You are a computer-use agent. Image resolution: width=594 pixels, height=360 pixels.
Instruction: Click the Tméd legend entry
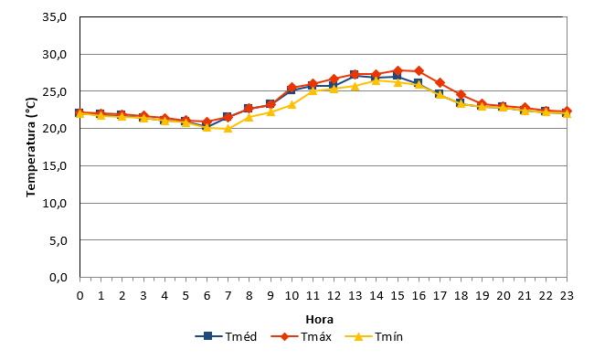226,336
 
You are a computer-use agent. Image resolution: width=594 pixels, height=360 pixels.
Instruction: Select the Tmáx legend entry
302,336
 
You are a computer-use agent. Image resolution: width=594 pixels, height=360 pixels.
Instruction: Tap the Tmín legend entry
375,336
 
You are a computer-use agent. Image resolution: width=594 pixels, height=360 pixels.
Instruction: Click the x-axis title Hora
319,320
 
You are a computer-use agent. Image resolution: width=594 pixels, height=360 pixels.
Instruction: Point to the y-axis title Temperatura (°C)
31,147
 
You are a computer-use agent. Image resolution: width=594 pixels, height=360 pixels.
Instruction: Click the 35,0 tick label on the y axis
55,17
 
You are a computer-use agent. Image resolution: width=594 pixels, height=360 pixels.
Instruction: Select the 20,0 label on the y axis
55,129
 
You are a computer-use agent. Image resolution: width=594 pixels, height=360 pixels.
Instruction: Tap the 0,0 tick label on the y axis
58,278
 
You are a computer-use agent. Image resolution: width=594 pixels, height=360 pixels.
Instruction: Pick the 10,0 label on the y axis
55,203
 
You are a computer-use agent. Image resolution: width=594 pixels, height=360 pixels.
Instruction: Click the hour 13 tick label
355,295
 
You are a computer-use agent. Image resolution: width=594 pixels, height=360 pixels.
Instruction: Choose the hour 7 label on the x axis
228,295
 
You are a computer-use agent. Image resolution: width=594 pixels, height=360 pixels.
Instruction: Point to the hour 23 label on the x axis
567,295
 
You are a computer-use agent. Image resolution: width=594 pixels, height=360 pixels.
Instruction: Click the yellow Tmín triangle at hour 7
228,129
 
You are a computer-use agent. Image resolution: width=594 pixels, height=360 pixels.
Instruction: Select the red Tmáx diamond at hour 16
419,71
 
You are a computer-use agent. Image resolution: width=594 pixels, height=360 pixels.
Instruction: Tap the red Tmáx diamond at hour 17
440,82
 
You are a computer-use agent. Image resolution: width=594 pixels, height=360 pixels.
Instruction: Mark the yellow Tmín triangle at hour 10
292,104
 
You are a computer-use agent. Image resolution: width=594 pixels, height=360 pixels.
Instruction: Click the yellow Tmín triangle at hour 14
377,80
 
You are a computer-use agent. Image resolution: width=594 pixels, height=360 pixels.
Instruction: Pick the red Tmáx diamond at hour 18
461,94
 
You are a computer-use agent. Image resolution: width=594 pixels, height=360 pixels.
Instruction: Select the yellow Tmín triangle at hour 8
249,117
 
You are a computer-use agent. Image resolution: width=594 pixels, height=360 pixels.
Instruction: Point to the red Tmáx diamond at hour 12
334,79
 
